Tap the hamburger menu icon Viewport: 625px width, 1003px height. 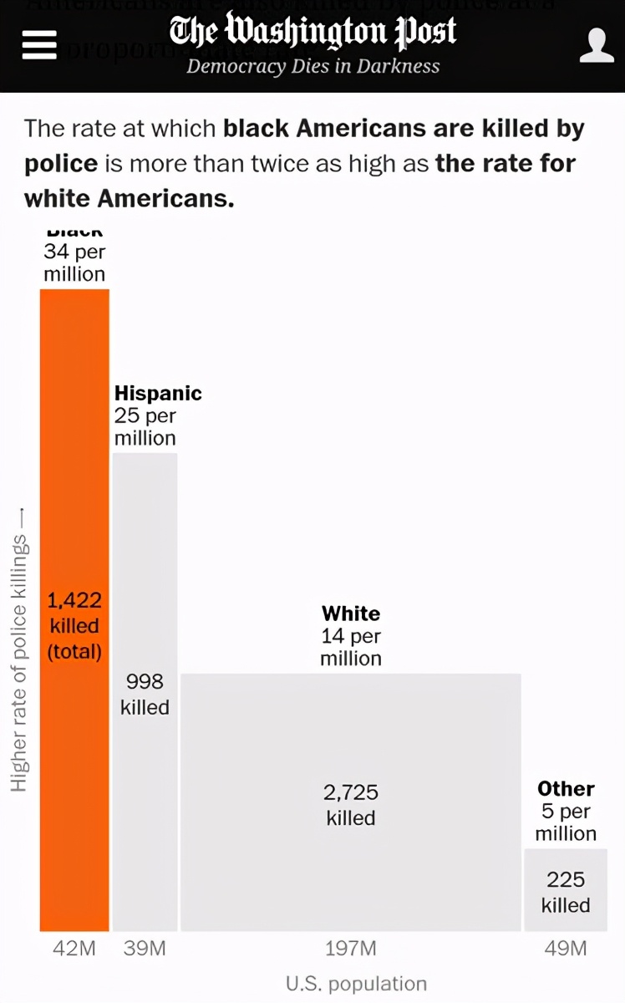tap(39, 44)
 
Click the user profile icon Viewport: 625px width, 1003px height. tap(597, 45)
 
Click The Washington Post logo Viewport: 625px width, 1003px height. tap(312, 32)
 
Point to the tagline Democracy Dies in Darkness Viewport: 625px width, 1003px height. tap(312, 66)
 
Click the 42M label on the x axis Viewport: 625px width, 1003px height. tap(74, 949)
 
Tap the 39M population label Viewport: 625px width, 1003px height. tap(145, 949)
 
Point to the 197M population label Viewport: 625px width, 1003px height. tap(351, 949)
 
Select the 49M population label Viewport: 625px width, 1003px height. tap(566, 949)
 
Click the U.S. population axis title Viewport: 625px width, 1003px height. tap(356, 984)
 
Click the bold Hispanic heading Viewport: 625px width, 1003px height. tap(158, 393)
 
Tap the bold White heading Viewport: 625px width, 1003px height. tap(351, 614)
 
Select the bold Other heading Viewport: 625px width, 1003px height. tap(566, 789)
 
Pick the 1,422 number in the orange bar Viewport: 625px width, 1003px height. tap(74, 600)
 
